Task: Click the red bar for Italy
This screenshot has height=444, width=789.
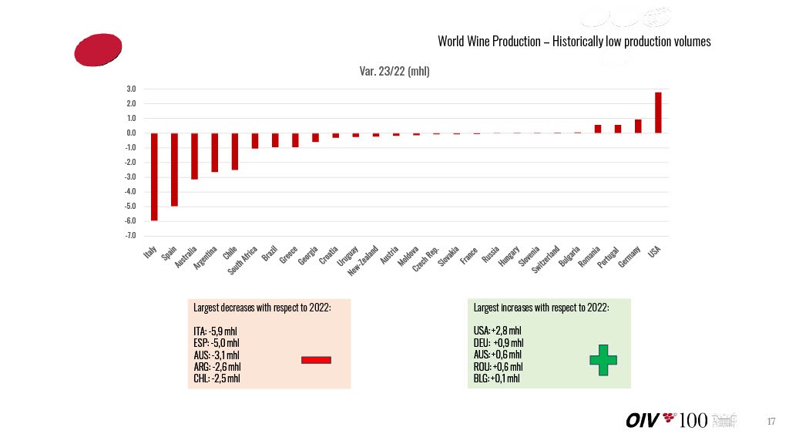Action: tap(154, 177)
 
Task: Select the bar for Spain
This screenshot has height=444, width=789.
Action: tap(174, 170)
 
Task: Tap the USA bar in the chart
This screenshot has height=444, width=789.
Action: tap(658, 113)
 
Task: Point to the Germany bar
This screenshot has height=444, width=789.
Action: tap(638, 126)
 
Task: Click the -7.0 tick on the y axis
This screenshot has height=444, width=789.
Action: tap(131, 236)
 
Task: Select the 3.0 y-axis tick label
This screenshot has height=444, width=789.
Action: tap(132, 89)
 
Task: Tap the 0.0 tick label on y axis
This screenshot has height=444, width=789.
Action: tap(132, 133)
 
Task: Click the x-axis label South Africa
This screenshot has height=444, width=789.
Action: tap(243, 261)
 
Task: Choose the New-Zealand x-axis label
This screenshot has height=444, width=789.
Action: tap(362, 261)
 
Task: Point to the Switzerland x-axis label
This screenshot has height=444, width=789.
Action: tap(546, 261)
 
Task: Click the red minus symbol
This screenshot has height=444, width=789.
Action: tap(316, 359)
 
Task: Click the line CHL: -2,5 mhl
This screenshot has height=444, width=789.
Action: tap(217, 378)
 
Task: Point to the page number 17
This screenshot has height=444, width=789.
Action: tap(771, 421)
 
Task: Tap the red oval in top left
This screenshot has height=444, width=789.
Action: tap(98, 49)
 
